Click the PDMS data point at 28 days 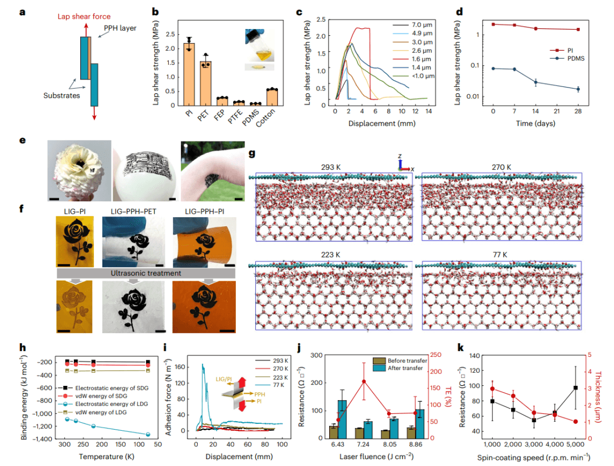[x=578, y=89]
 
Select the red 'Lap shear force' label [x=85, y=16]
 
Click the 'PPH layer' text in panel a [x=120, y=28]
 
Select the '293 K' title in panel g [x=334, y=167]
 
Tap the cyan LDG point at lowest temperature [x=148, y=434]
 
